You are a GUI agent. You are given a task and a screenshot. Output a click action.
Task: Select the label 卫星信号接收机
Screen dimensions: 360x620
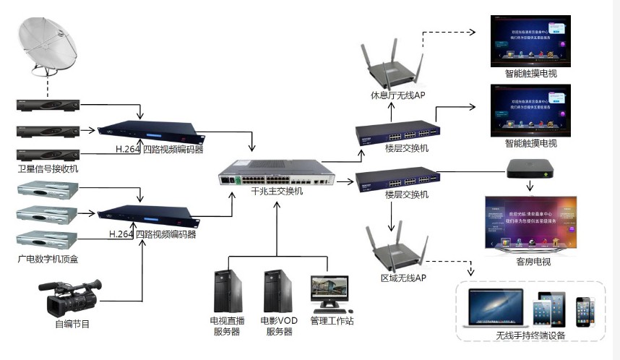point(48,169)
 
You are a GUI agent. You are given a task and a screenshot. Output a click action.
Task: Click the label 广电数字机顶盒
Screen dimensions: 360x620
point(48,258)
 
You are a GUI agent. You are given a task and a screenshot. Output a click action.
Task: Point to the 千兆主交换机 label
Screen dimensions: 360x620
point(277,192)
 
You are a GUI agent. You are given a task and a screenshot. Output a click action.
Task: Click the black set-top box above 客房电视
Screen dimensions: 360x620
point(530,169)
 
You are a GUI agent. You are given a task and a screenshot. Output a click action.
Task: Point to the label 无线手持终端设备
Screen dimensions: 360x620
point(530,335)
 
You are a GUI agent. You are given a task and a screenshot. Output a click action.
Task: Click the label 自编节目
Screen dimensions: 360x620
point(72,325)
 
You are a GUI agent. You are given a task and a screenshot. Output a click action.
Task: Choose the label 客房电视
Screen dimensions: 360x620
point(533,261)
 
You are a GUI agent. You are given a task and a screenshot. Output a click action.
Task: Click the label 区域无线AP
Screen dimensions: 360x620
point(403,278)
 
